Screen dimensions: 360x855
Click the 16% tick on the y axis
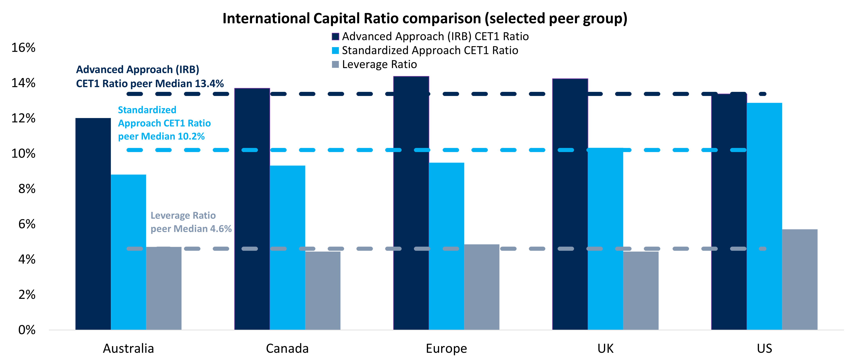tap(23, 48)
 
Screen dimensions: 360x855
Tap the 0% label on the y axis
tap(27, 330)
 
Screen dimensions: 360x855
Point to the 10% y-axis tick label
tap(23, 154)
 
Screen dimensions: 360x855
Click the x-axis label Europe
tap(446, 348)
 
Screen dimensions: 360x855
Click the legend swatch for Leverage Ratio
tap(335, 64)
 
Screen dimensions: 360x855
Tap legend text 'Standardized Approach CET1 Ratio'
tap(430, 50)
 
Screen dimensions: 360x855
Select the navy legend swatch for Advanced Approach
tap(335, 37)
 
